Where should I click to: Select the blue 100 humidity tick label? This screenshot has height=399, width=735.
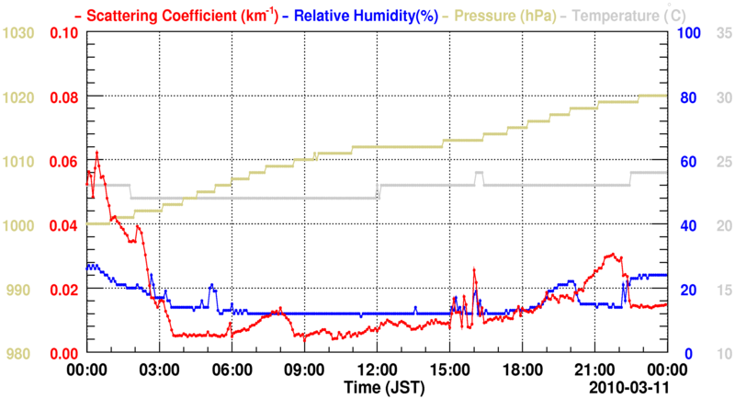click(690, 34)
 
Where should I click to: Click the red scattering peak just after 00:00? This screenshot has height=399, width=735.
click(96, 152)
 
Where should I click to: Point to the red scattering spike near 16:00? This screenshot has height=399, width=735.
click(474, 268)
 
